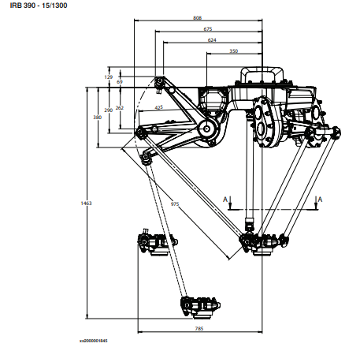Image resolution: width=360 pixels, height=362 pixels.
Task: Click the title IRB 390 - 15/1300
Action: pyautogui.click(x=39, y=6)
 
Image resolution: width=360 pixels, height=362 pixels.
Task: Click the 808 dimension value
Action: pyautogui.click(x=197, y=18)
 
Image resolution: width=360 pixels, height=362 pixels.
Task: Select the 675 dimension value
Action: pyautogui.click(x=208, y=29)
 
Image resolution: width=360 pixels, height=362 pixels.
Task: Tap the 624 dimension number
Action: pyautogui.click(x=212, y=40)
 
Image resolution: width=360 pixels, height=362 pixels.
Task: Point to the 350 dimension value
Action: pyautogui.click(x=233, y=51)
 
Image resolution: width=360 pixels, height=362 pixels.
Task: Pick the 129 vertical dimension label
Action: pyautogui.click(x=109, y=77)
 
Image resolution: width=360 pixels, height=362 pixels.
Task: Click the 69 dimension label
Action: pyautogui.click(x=120, y=82)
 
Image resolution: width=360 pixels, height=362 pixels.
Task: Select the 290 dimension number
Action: pyautogui.click(x=108, y=110)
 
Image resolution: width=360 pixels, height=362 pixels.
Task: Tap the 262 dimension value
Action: pyautogui.click(x=120, y=108)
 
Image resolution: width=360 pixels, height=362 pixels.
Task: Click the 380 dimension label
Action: pyautogui.click(x=97, y=118)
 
